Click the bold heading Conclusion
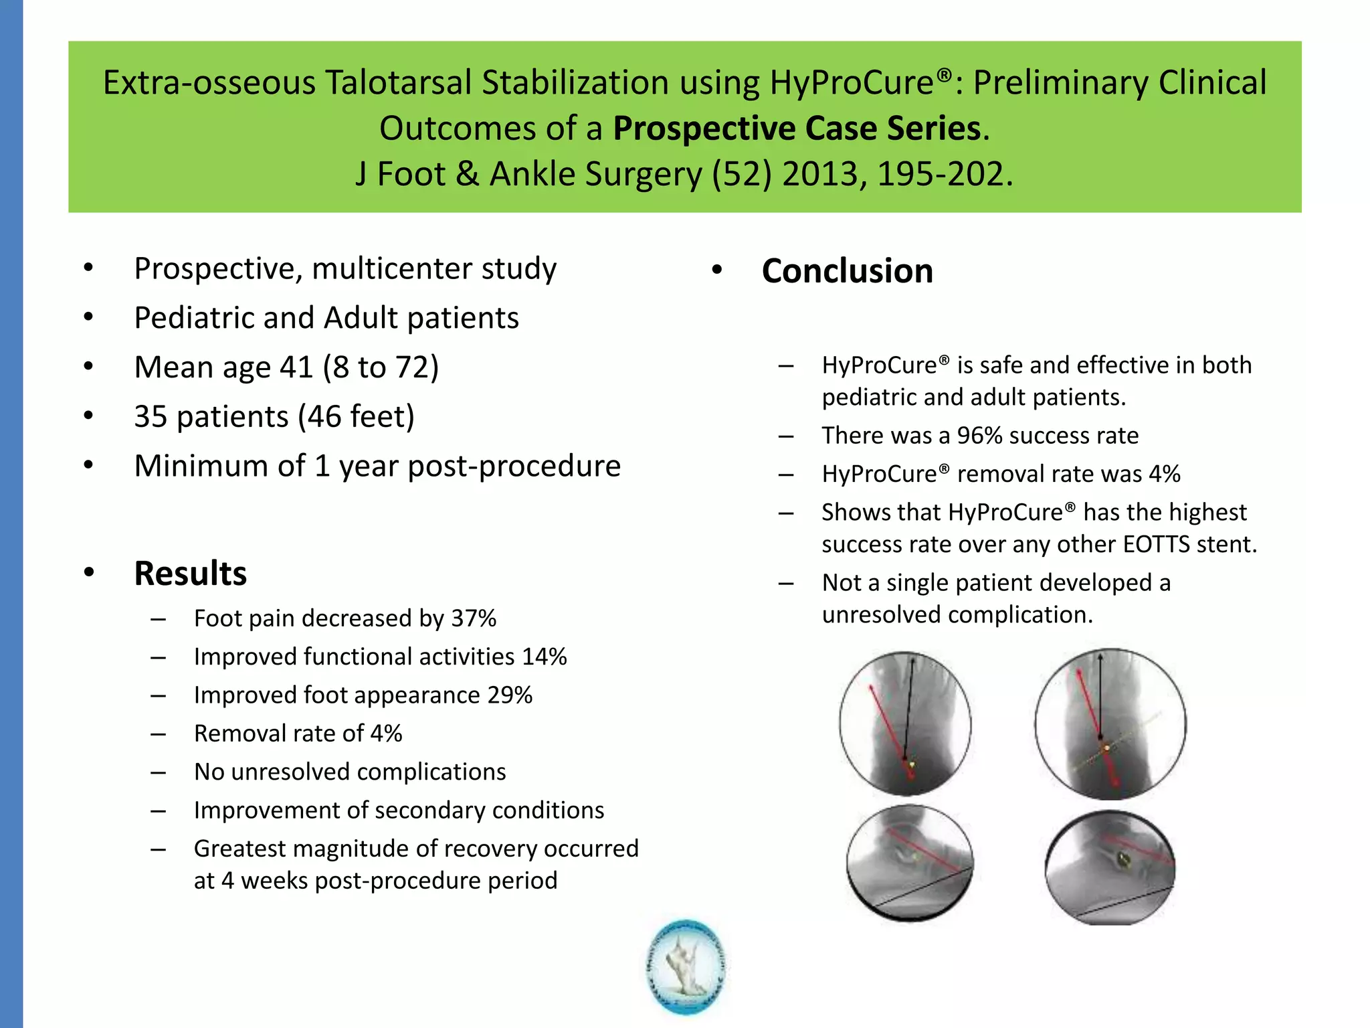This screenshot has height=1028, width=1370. [847, 271]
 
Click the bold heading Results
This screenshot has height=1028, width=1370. [190, 574]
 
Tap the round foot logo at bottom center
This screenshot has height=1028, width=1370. [686, 967]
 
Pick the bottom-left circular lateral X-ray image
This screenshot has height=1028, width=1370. [910, 863]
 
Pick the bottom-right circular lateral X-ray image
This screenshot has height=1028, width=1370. [1110, 867]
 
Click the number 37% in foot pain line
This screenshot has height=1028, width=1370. [474, 618]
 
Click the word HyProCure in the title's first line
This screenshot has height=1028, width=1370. [852, 83]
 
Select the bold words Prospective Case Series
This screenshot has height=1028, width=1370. [797, 128]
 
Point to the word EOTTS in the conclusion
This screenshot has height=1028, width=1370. [1157, 544]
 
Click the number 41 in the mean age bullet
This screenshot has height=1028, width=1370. [296, 367]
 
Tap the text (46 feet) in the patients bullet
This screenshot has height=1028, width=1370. [356, 416]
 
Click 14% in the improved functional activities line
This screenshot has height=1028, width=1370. [544, 657]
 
